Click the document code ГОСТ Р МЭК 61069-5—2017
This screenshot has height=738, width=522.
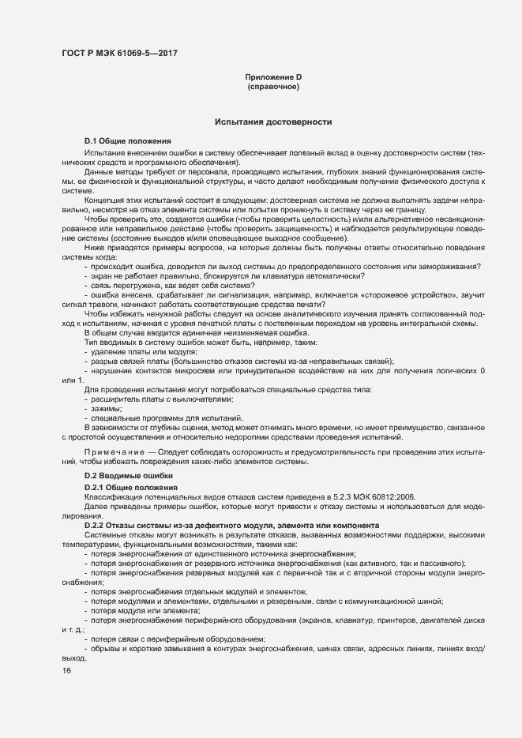click(x=118, y=54)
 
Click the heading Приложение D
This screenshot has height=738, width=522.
click(x=273, y=77)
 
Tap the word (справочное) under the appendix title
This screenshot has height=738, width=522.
click(x=273, y=86)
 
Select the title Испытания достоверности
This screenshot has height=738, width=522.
click(x=273, y=122)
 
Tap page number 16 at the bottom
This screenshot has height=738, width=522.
click(x=66, y=671)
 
